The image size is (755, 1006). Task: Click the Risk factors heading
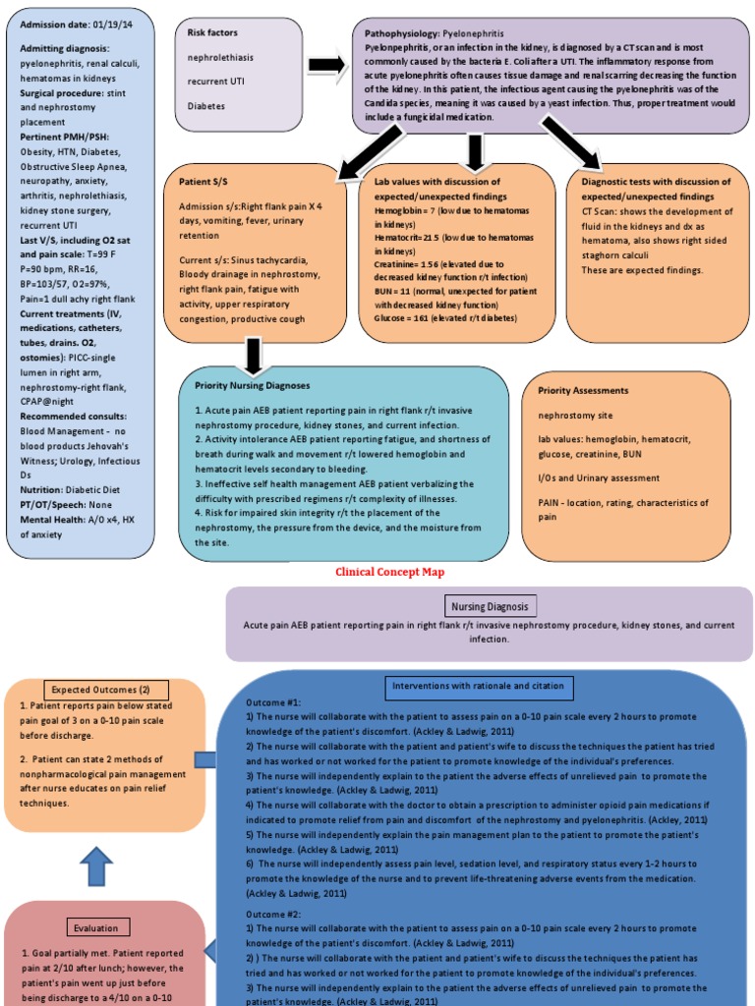pyautogui.click(x=212, y=32)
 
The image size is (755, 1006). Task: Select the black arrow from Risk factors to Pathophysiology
pyautogui.click(x=325, y=65)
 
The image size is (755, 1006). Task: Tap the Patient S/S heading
pyautogui.click(x=203, y=182)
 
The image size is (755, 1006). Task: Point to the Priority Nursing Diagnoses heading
pyautogui.click(x=253, y=386)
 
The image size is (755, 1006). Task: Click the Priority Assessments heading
pyautogui.click(x=583, y=390)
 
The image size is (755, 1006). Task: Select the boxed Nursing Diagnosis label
pyautogui.click(x=490, y=606)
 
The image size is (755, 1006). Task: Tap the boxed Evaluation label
pyautogui.click(x=95, y=927)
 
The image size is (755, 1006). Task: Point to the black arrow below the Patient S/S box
pyautogui.click(x=253, y=355)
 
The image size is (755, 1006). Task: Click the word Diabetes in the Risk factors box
pyautogui.click(x=207, y=105)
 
